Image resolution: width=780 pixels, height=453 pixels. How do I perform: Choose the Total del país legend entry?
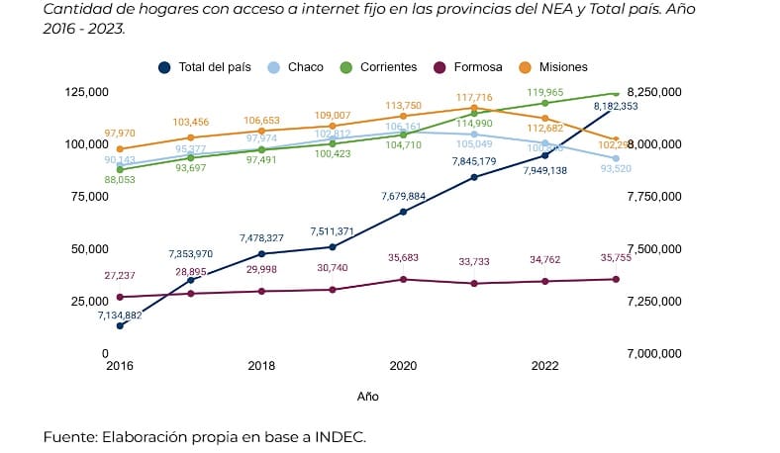click(206, 67)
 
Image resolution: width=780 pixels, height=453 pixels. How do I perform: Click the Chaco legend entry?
click(298, 67)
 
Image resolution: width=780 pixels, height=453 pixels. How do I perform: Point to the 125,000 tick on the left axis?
click(85, 92)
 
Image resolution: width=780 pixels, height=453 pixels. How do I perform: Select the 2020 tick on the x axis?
click(403, 366)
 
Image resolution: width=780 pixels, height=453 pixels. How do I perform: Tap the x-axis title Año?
click(367, 396)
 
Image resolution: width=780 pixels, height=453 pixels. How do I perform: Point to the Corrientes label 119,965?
click(545, 91)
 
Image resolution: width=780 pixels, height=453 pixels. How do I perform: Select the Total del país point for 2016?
click(120, 325)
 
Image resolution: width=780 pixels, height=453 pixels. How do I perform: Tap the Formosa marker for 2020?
click(403, 279)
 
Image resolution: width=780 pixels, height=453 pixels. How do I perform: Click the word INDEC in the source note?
click(338, 436)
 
